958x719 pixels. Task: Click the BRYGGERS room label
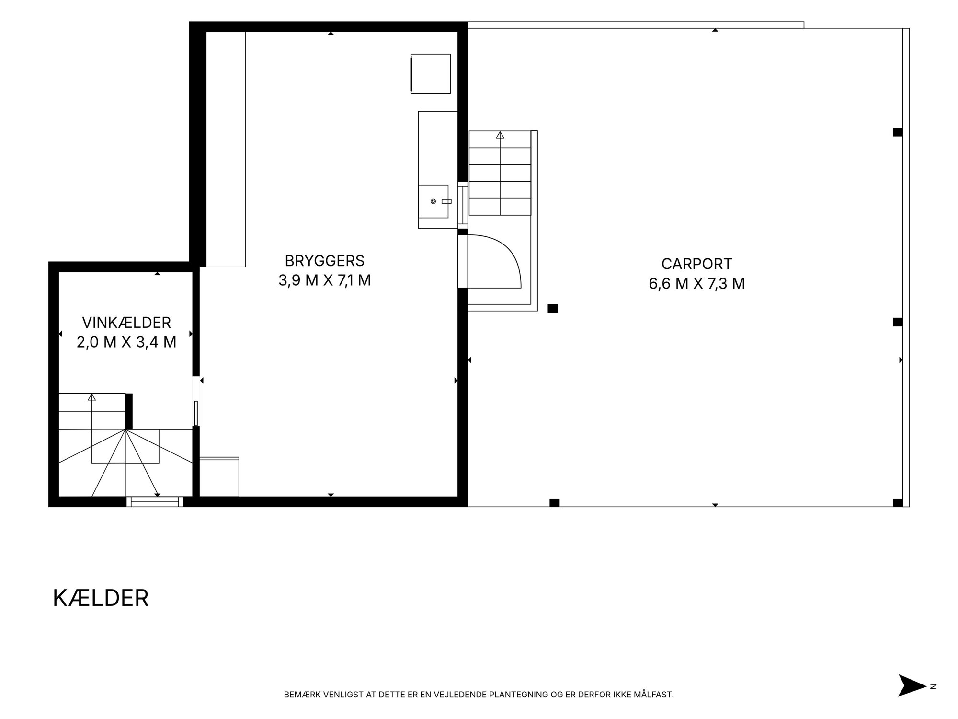[x=324, y=261]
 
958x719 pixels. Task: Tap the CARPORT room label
[x=696, y=264]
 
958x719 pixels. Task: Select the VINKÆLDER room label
[x=126, y=322]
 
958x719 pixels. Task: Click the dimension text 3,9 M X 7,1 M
[x=325, y=280]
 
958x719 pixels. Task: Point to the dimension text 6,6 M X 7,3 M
[x=697, y=284]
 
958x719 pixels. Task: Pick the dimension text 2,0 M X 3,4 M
[x=126, y=342]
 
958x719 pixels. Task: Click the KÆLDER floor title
[x=101, y=598]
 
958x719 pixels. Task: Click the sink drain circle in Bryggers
[x=433, y=201]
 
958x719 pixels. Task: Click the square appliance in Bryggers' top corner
[x=431, y=74]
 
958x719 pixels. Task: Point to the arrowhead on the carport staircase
[x=500, y=135]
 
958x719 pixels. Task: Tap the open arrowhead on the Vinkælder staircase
[x=91, y=397]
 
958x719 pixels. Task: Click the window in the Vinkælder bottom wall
[x=155, y=501]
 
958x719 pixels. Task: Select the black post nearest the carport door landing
[x=553, y=309]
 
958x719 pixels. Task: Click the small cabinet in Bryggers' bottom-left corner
[x=219, y=477]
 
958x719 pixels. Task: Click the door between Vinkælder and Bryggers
[x=196, y=402]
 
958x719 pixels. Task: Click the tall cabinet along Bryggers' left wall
[x=226, y=149]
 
